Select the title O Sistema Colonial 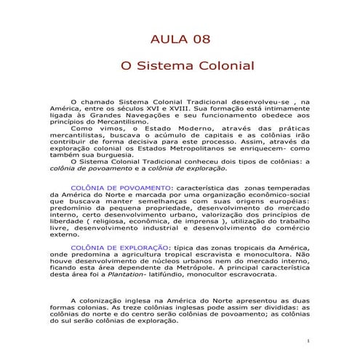[x=180, y=65]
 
